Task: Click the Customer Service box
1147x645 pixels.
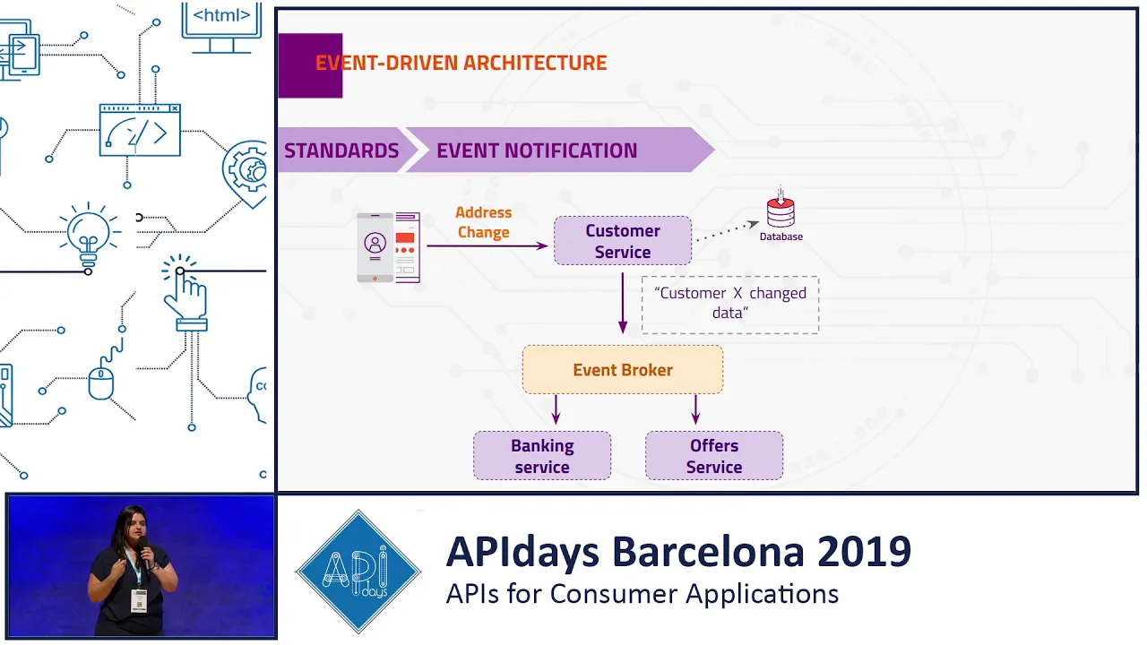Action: pyautogui.click(x=623, y=241)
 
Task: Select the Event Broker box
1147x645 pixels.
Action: pyautogui.click(x=623, y=370)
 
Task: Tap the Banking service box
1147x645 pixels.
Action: pyautogui.click(x=542, y=456)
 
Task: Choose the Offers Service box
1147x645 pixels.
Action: pyautogui.click(x=714, y=456)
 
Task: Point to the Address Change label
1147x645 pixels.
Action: pyautogui.click(x=483, y=222)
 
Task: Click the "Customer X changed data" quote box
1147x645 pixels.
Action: pyautogui.click(x=730, y=305)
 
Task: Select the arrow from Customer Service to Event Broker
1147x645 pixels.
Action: pyautogui.click(x=623, y=303)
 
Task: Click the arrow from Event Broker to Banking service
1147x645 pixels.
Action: pyautogui.click(x=556, y=409)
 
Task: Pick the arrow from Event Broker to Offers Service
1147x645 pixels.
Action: pyautogui.click(x=695, y=409)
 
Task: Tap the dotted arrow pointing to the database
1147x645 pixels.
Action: pyautogui.click(x=728, y=230)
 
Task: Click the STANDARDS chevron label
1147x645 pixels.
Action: pyautogui.click(x=341, y=150)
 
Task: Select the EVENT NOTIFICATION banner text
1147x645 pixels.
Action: pyautogui.click(x=537, y=150)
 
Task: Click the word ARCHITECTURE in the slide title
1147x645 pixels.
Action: pyautogui.click(x=535, y=63)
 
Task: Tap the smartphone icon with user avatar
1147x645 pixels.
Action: pyautogui.click(x=375, y=247)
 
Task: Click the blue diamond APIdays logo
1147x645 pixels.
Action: pyautogui.click(x=358, y=572)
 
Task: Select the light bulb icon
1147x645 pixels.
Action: pyautogui.click(x=89, y=236)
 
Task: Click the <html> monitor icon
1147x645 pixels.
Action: pyautogui.click(x=221, y=27)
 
